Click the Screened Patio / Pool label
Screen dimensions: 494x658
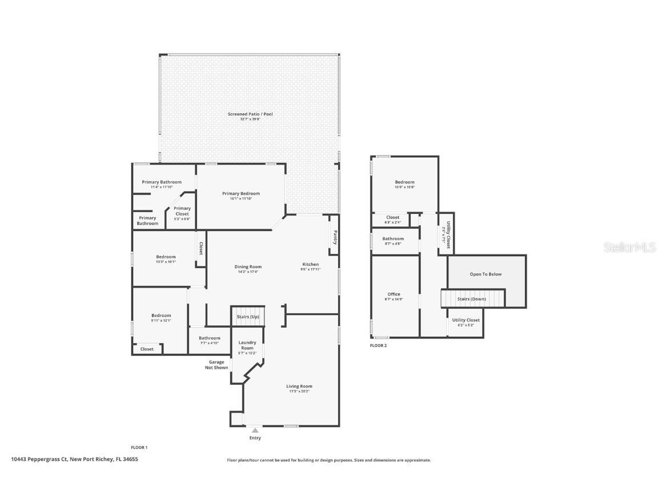(250, 114)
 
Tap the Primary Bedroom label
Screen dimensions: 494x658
(240, 194)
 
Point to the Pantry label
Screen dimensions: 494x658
(335, 237)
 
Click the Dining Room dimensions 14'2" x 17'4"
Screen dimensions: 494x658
(248, 272)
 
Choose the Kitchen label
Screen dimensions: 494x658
(311, 264)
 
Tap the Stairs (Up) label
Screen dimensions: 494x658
(248, 317)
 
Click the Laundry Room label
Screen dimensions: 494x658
(247, 345)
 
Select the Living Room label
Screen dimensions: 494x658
(299, 387)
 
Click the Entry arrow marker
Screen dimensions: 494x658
(255, 430)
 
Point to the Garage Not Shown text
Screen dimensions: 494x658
(216, 365)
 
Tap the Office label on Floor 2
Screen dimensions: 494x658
(394, 294)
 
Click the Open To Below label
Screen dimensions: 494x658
(486, 274)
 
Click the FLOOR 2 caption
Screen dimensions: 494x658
(378, 346)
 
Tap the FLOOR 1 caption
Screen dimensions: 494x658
(139, 448)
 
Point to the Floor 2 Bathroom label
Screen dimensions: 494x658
(393, 239)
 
